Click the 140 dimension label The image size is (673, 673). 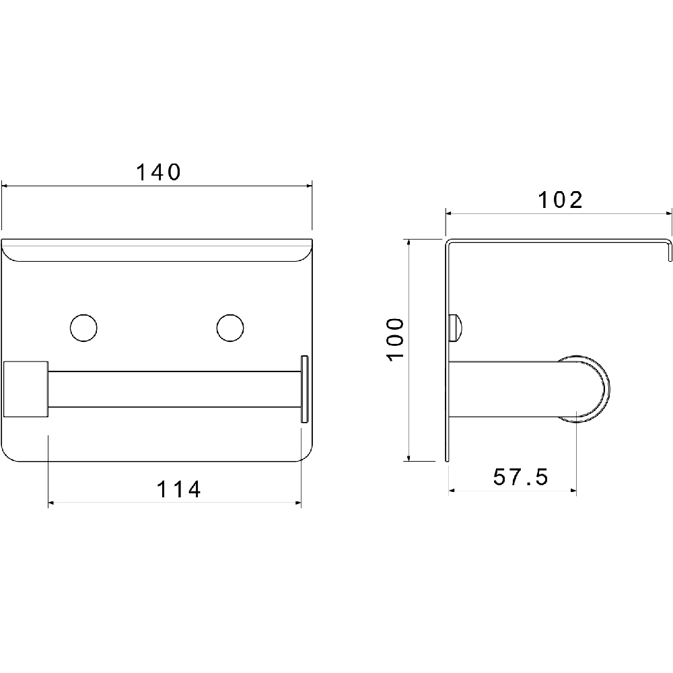pyautogui.click(x=158, y=172)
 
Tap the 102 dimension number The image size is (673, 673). pyautogui.click(x=561, y=200)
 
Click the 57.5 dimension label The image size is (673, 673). pyautogui.click(x=521, y=476)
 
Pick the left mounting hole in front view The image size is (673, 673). pyautogui.click(x=83, y=328)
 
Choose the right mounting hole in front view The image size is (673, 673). pyautogui.click(x=230, y=328)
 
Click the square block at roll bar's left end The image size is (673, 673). pyautogui.click(x=26, y=389)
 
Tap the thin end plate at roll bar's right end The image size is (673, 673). pyautogui.click(x=304, y=388)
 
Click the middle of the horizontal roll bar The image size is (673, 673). pyautogui.click(x=174, y=389)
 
